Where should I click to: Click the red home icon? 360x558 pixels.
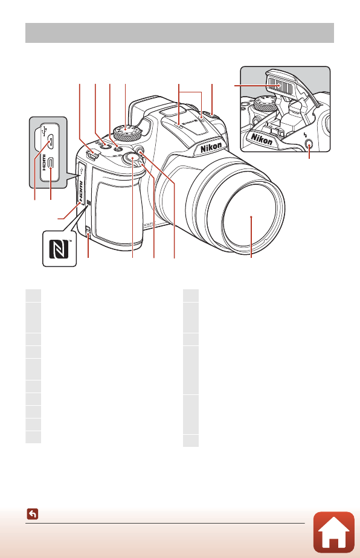click(334, 533)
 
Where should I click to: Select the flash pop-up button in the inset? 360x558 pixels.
click(309, 145)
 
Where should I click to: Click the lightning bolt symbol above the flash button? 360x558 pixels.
click(309, 134)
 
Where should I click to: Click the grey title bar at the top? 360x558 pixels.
click(179, 33)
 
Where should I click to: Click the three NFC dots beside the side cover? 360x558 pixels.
click(89, 204)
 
